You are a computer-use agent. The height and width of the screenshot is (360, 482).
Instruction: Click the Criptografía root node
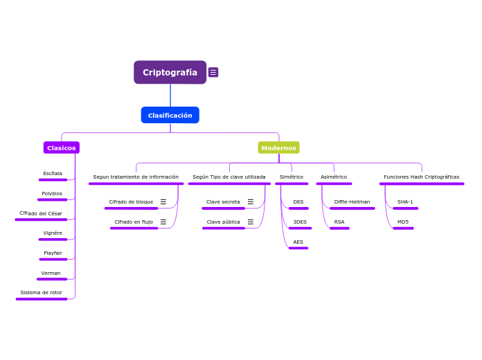click(170, 72)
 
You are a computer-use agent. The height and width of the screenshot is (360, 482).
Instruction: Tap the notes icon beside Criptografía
click(213, 72)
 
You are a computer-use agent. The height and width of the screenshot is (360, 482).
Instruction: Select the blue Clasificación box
click(170, 115)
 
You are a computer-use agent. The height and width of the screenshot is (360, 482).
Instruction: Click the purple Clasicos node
click(62, 147)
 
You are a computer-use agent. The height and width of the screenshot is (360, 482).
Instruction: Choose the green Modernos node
click(278, 147)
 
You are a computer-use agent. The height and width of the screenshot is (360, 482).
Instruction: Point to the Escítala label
click(53, 173)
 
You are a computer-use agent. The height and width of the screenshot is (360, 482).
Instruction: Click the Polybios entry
click(52, 193)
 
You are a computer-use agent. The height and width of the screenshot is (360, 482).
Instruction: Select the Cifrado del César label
click(41, 213)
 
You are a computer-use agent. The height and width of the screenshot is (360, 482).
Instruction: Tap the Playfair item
click(53, 253)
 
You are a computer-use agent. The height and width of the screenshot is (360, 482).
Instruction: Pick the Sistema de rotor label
click(41, 292)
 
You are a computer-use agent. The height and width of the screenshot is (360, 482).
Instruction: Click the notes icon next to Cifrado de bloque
click(163, 201)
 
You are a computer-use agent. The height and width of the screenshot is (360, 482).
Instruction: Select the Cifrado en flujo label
click(134, 222)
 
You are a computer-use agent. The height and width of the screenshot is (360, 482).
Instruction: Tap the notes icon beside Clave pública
click(251, 222)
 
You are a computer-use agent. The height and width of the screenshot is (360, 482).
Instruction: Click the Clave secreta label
click(223, 201)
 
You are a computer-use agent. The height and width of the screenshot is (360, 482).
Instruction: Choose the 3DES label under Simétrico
click(300, 222)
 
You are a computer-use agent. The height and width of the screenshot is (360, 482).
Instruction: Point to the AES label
click(298, 242)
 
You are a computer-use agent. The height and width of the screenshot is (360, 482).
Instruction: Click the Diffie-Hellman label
click(352, 201)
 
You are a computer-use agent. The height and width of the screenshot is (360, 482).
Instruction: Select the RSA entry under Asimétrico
click(339, 222)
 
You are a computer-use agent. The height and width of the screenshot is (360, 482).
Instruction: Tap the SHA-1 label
click(405, 201)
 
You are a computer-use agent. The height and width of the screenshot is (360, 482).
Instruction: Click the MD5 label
click(403, 222)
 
